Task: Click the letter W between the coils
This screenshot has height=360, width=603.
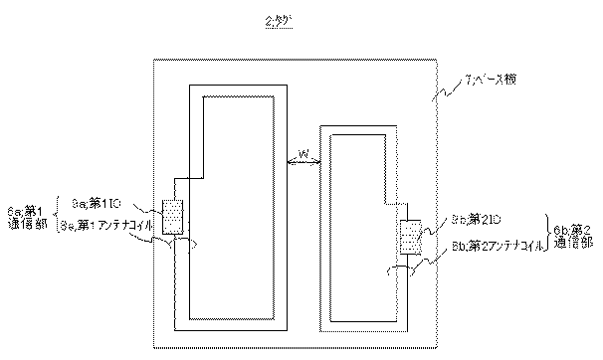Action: click(302, 153)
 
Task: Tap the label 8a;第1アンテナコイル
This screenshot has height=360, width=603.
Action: click(105, 227)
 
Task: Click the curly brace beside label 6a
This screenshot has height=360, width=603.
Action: click(54, 218)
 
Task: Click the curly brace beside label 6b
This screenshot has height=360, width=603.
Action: click(546, 235)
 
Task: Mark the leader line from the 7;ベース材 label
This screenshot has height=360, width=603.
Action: click(443, 90)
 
